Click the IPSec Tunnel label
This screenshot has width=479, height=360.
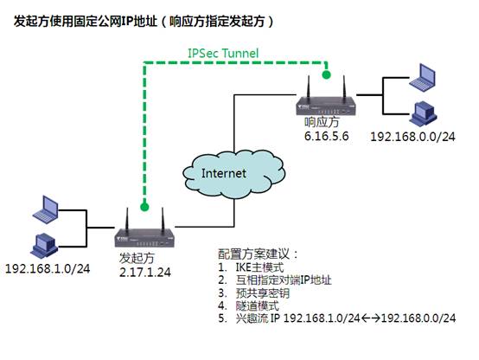pyautogui.click(x=223, y=53)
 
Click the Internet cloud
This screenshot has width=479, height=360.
pyautogui.click(x=234, y=173)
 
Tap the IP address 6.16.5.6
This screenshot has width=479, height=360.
pyautogui.click(x=326, y=137)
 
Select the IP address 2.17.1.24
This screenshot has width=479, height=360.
pyautogui.click(x=144, y=273)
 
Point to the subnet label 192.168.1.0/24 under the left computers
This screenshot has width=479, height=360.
pyautogui.click(x=48, y=269)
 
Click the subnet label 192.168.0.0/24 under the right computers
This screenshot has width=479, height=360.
pyautogui.click(x=412, y=137)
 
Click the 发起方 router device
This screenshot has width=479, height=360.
pyautogui.click(x=144, y=228)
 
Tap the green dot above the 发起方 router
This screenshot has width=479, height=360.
pyautogui.click(x=144, y=207)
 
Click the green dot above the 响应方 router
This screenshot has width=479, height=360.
pyautogui.click(x=327, y=74)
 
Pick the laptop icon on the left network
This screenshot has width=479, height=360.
pyautogui.click(x=46, y=209)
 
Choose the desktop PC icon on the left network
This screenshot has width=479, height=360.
pyautogui.click(x=44, y=246)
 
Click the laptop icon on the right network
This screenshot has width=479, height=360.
pyautogui.click(x=423, y=77)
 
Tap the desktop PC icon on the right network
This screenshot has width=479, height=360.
pyautogui.click(x=423, y=113)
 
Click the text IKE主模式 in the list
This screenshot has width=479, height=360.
pyautogui.click(x=259, y=267)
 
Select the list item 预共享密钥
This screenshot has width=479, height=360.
pyautogui.click(x=262, y=293)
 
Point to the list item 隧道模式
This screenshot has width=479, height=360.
pyautogui.click(x=257, y=305)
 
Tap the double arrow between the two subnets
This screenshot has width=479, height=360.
pyautogui.click(x=371, y=318)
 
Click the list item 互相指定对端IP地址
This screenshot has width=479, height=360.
pyautogui.click(x=284, y=280)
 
